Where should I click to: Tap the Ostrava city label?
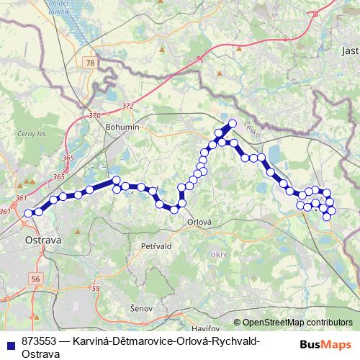pyautogui.click(x=42, y=238)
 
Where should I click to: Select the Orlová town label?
pyautogui.click(x=199, y=222)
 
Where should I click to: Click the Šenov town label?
pyautogui.click(x=141, y=308)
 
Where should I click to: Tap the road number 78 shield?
pyautogui.click(x=89, y=64)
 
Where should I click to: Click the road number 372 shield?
pyautogui.click(x=128, y=106)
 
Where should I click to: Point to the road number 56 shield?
pyautogui.click(x=36, y=279)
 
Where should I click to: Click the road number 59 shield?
pyautogui.click(x=95, y=289)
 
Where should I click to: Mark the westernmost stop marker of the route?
pyautogui.click(x=29, y=213)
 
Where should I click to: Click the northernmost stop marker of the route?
pyautogui.click(x=232, y=122)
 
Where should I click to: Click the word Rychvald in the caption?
pyautogui.click(x=234, y=341)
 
